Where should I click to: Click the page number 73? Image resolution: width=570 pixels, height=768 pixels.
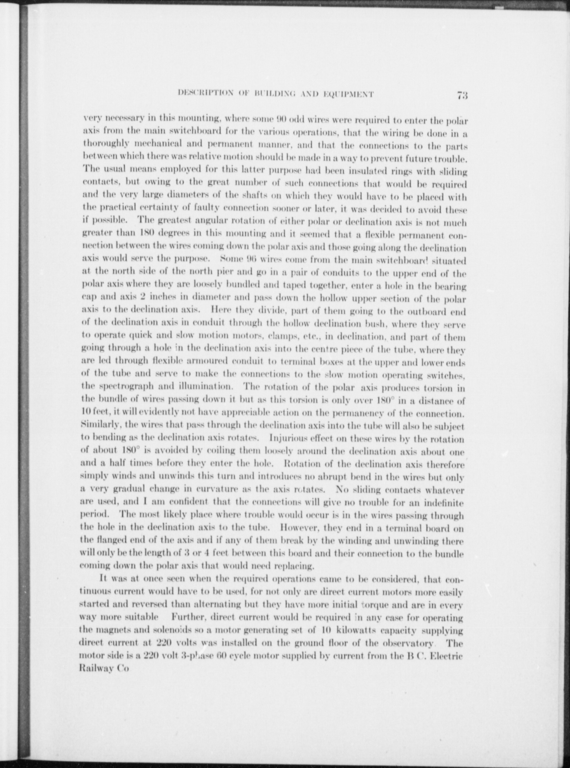click(x=462, y=96)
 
